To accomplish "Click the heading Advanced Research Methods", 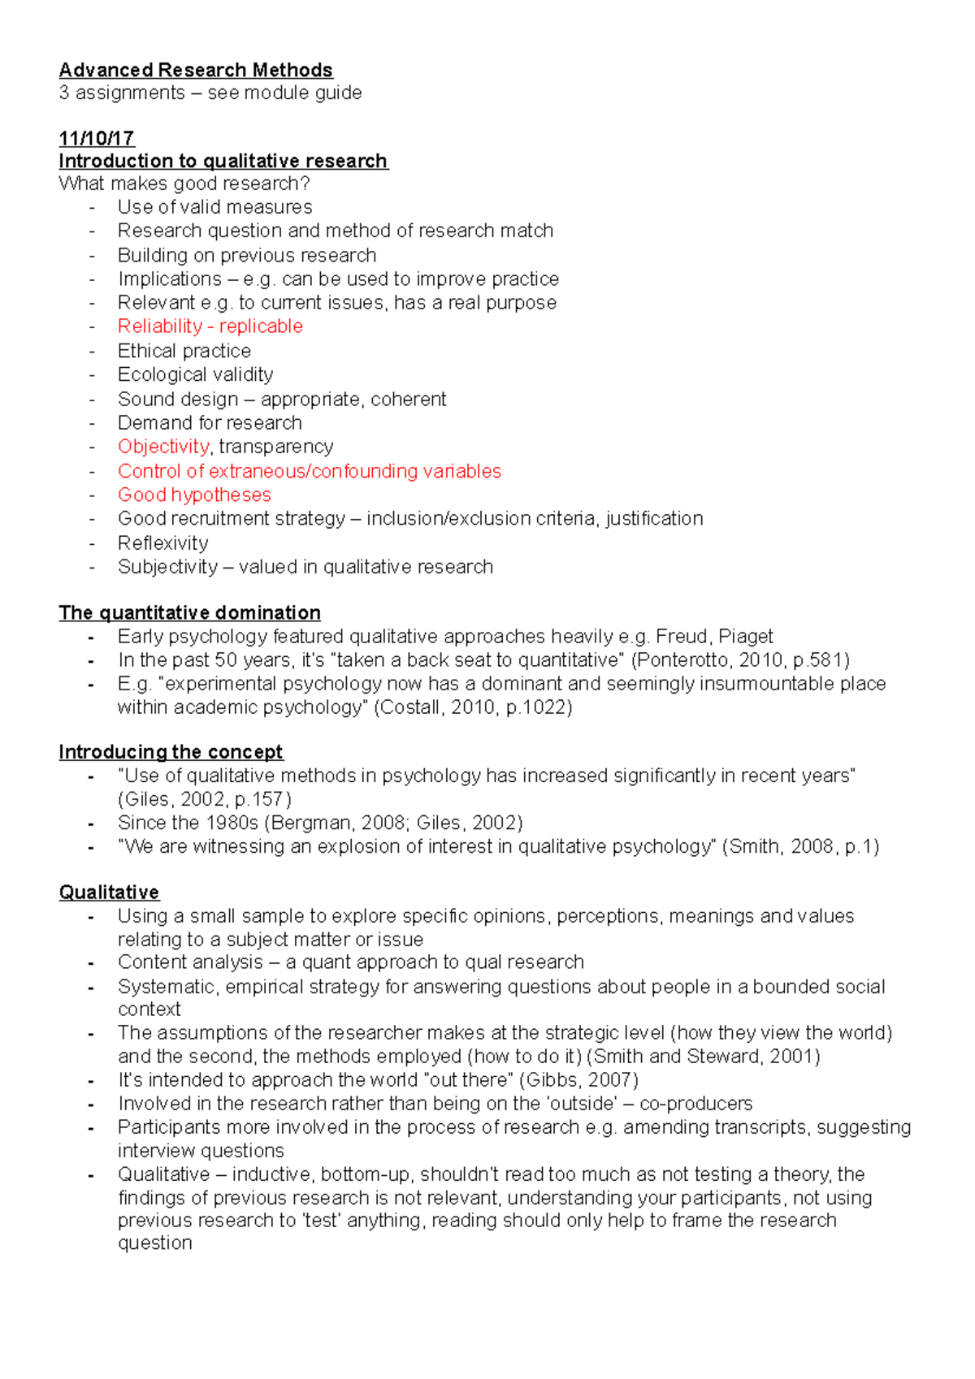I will click(196, 70).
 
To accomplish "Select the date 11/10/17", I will click(97, 138).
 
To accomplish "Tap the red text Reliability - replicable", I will click(210, 326).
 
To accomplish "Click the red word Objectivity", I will click(163, 447).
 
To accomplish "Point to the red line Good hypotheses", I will click(194, 495).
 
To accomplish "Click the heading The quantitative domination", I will click(189, 612).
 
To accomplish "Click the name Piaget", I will click(746, 636).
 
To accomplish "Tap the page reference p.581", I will click(815, 659).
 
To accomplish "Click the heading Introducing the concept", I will click(171, 752).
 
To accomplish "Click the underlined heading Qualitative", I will click(109, 893).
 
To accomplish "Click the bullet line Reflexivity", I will click(162, 543).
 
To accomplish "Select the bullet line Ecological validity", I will click(195, 374).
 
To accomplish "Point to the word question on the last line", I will click(154, 1243).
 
